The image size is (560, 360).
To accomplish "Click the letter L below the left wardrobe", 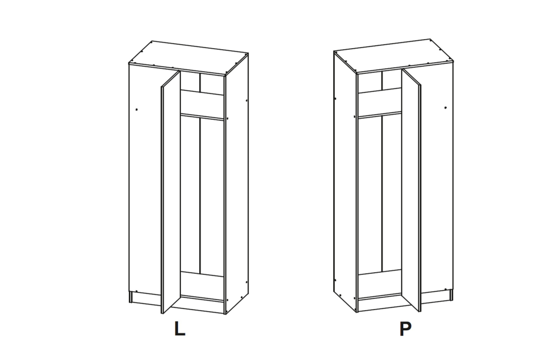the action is pyautogui.click(x=180, y=329).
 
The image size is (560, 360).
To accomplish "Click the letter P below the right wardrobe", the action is pyautogui.click(x=405, y=329).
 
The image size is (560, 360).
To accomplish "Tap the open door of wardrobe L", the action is pyautogui.click(x=170, y=193).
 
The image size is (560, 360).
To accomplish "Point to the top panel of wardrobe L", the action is pyautogui.click(x=188, y=58).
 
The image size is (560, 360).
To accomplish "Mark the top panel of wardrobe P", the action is pyautogui.click(x=394, y=56).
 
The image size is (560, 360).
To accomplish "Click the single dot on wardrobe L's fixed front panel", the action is pyautogui.click(x=137, y=110).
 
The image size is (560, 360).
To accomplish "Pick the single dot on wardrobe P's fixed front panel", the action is pyautogui.click(x=445, y=107).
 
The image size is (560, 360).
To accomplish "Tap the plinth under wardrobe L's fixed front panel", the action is pyautogui.click(x=146, y=299).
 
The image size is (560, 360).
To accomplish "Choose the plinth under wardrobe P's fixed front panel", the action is pyautogui.click(x=436, y=296).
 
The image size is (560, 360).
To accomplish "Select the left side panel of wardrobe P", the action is pyautogui.click(x=346, y=182).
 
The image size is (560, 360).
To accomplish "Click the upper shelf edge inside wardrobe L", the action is pyautogui.click(x=202, y=116).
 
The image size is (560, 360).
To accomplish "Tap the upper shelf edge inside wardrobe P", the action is pyautogui.click(x=380, y=115).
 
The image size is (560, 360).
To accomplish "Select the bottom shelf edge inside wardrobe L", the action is pyautogui.click(x=202, y=298).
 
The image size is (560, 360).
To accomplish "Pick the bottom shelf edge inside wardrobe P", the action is pyautogui.click(x=380, y=296).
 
